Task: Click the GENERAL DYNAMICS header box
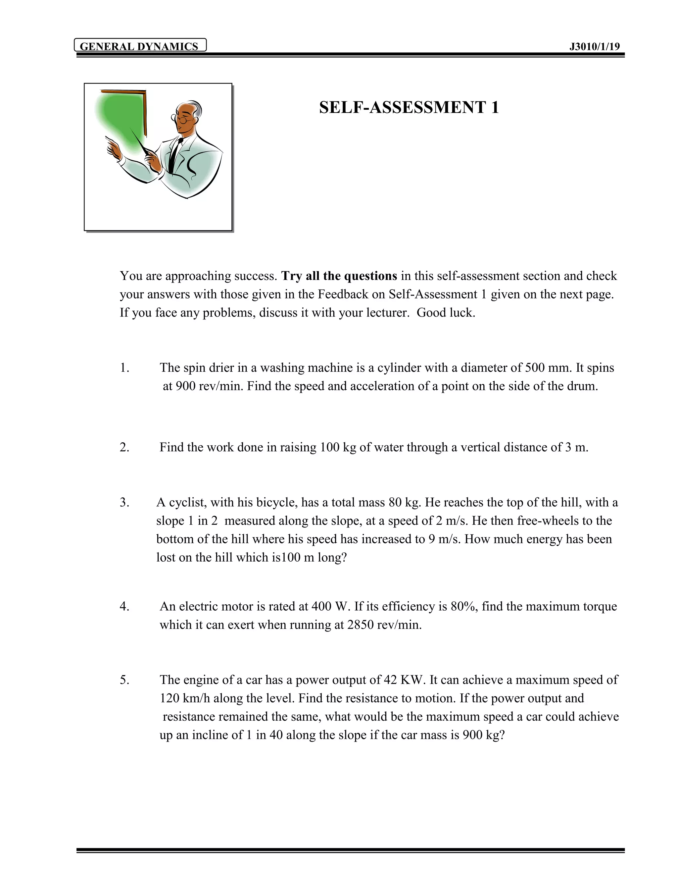click(140, 46)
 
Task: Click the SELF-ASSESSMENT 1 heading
click(409, 108)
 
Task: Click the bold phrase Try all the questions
click(339, 276)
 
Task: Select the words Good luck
click(446, 312)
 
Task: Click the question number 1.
click(124, 368)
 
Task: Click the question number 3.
click(124, 503)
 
